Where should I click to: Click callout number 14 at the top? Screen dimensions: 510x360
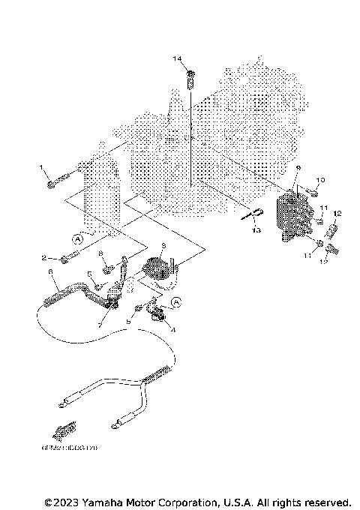pyautogui.click(x=177, y=58)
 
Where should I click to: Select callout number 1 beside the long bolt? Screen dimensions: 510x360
pyautogui.click(x=43, y=169)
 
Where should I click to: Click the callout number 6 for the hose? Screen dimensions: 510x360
pyautogui.click(x=49, y=271)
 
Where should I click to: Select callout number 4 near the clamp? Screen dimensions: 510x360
pyautogui.click(x=175, y=329)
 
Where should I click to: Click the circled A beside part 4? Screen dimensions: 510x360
pyautogui.click(x=178, y=302)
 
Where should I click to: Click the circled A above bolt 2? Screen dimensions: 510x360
pyautogui.click(x=76, y=238)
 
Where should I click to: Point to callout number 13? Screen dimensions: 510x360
pyautogui.click(x=256, y=231)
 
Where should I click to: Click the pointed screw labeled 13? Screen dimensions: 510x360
pyautogui.click(x=253, y=214)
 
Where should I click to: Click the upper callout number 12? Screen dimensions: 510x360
pyautogui.click(x=337, y=213)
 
